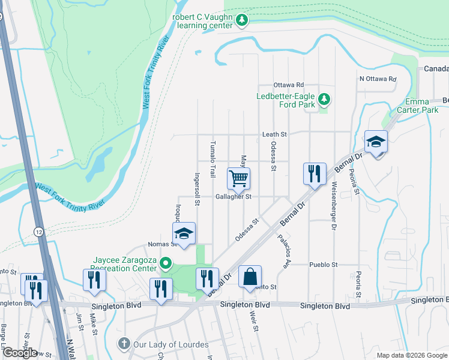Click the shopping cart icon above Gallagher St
(x=239, y=178)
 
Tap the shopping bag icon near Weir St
(x=250, y=277)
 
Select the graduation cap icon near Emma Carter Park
(x=376, y=142)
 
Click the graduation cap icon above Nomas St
(x=184, y=234)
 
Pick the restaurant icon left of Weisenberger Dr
(x=315, y=174)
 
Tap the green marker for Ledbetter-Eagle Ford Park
(x=324, y=98)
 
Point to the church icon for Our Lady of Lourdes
(x=123, y=344)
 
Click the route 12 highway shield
(x=39, y=232)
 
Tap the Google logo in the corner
(x=20, y=353)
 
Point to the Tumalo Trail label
(x=212, y=160)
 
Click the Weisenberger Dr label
(x=331, y=208)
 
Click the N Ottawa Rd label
(x=378, y=79)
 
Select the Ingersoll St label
(x=197, y=189)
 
